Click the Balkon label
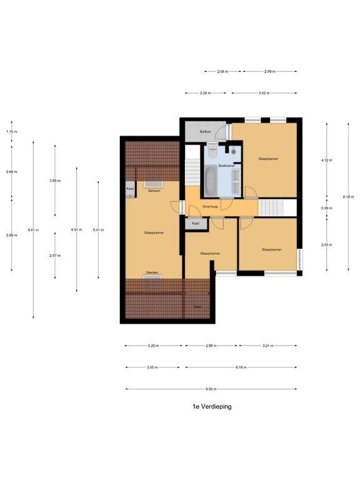click(205, 132)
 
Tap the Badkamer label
click(217, 166)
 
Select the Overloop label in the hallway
click(211, 206)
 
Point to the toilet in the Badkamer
click(212, 151)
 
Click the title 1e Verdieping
click(212, 406)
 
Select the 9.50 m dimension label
click(212, 389)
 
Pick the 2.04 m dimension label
click(222, 72)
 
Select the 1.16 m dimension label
click(11, 132)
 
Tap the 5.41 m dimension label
click(98, 230)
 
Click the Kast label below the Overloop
click(196, 223)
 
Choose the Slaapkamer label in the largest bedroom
click(154, 232)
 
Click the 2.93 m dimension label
click(326, 245)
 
